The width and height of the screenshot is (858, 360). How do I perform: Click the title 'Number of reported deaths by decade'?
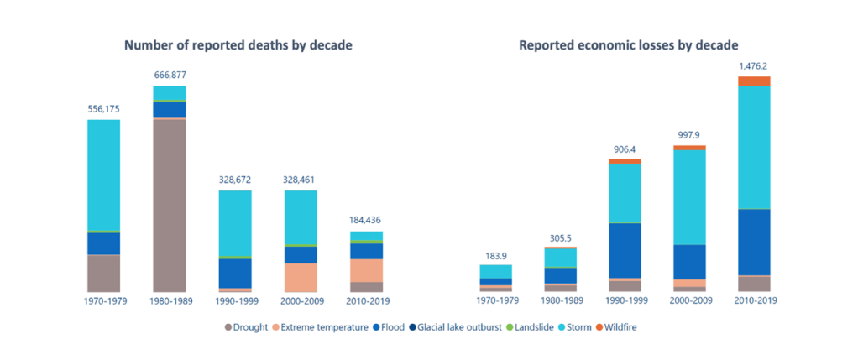tap(238, 45)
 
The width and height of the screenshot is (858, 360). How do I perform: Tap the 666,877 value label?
tap(170, 75)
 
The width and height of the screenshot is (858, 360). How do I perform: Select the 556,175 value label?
tap(103, 108)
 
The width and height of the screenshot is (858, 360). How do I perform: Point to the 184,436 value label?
tap(366, 220)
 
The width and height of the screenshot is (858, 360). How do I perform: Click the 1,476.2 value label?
tap(754, 65)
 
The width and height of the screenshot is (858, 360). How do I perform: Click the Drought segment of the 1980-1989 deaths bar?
tap(170, 206)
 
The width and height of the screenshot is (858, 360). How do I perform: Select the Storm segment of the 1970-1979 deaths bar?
tap(103, 175)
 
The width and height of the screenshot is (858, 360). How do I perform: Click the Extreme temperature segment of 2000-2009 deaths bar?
tap(301, 277)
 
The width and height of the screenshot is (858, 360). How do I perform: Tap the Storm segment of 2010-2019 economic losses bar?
tap(754, 147)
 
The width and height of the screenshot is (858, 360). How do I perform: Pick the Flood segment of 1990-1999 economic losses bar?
tap(625, 250)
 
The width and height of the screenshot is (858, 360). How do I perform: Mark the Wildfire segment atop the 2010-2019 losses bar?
tap(754, 81)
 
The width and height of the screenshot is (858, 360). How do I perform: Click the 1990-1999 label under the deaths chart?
tap(235, 300)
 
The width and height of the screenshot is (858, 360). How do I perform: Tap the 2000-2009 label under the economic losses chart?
tap(689, 300)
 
